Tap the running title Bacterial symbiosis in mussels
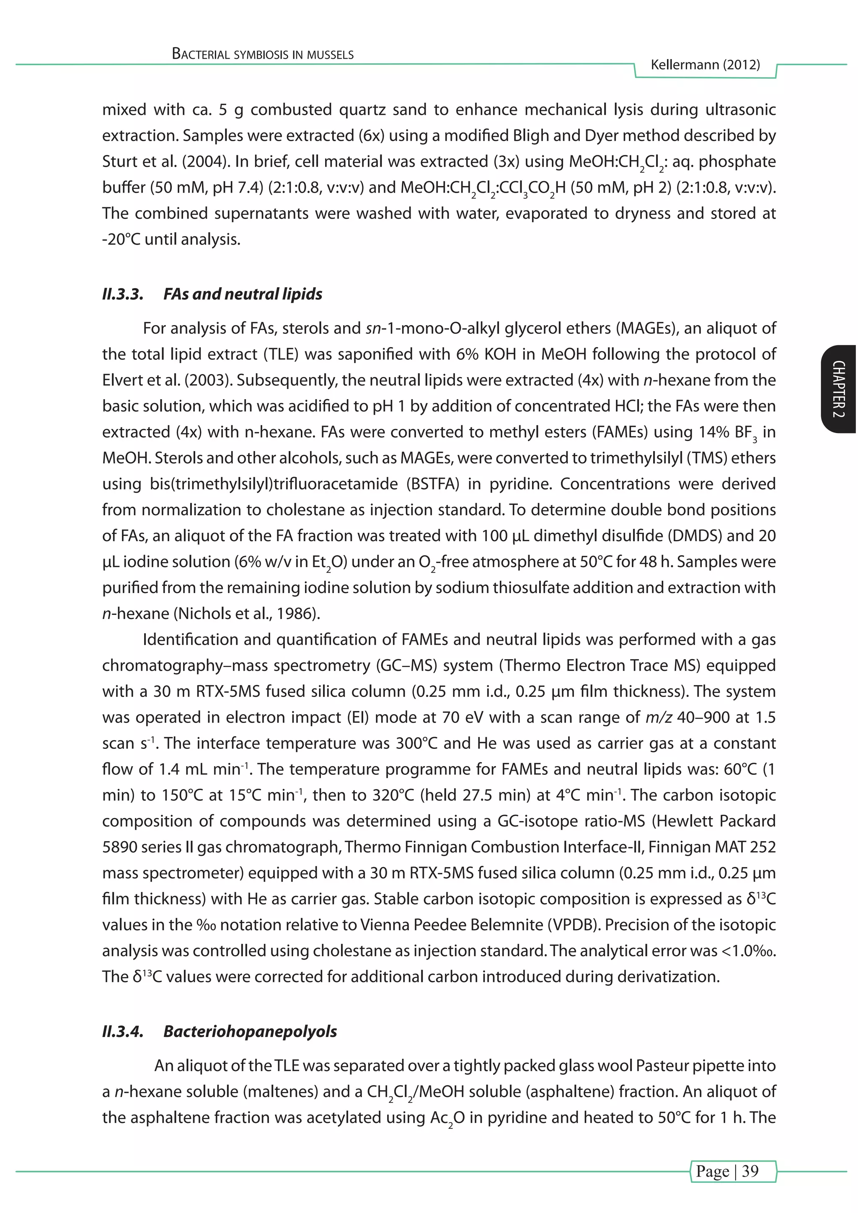point(263,54)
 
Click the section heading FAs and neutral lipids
point(243,294)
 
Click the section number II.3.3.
point(123,294)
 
